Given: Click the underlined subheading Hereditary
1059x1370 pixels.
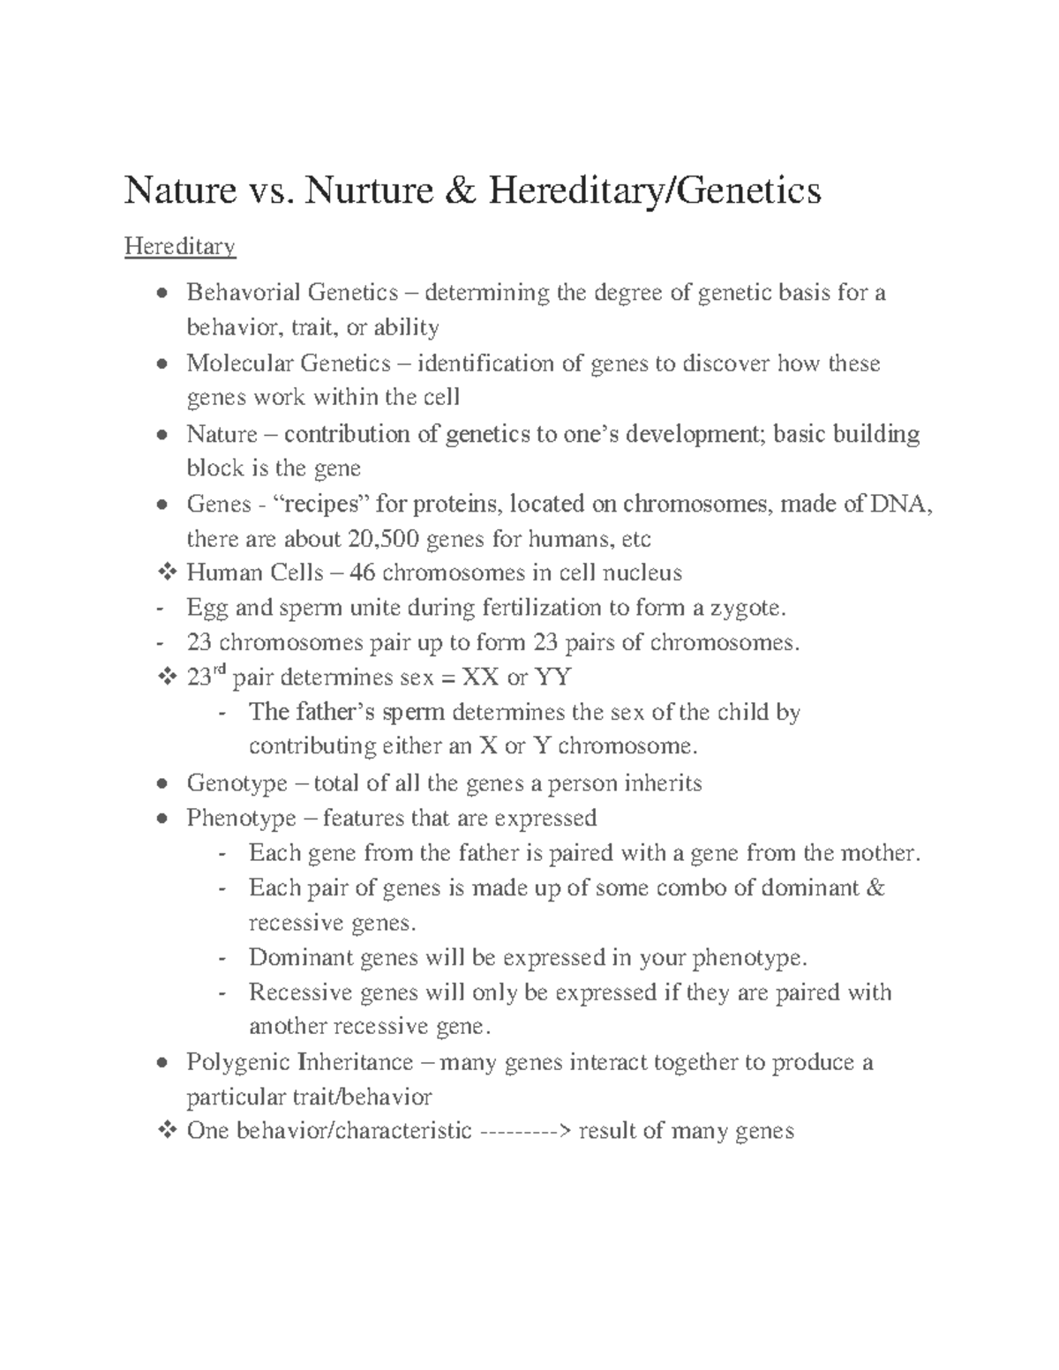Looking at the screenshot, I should click(x=180, y=246).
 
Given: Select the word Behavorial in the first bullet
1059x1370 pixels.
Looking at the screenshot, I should click(x=243, y=293).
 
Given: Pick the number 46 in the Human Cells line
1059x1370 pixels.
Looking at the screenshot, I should click(x=362, y=573).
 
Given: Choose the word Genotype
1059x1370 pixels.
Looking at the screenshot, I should click(x=237, y=784).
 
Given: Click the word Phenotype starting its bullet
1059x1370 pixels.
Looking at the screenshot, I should click(x=241, y=819).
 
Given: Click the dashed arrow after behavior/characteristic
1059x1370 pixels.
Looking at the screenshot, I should click(x=525, y=1131).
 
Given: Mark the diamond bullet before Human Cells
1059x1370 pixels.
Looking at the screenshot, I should click(x=166, y=573).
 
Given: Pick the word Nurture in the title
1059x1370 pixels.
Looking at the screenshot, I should click(x=369, y=191).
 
